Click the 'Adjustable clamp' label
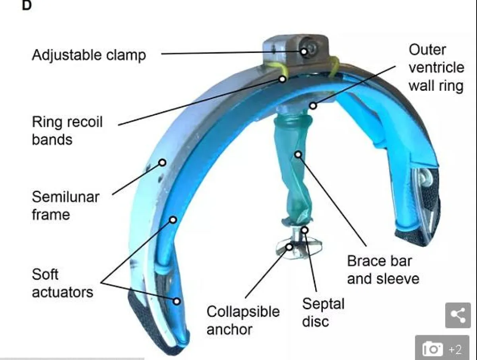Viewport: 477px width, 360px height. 89,54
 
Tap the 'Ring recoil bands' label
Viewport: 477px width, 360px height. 67,130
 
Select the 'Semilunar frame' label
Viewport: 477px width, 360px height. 65,205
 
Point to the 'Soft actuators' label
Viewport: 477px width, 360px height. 62,283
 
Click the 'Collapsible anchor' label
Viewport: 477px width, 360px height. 243,320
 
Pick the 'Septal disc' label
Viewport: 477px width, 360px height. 323,312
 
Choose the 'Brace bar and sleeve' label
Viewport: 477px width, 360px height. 383,270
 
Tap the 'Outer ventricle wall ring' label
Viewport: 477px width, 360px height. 436,68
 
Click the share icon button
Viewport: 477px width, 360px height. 458,315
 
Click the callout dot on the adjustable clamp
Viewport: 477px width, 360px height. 304,51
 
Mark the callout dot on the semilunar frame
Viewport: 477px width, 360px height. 162,162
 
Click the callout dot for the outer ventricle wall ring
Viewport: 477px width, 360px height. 313,105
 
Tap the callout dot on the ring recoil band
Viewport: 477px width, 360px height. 282,79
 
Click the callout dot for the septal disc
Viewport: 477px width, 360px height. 304,230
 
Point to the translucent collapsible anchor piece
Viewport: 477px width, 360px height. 297,246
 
